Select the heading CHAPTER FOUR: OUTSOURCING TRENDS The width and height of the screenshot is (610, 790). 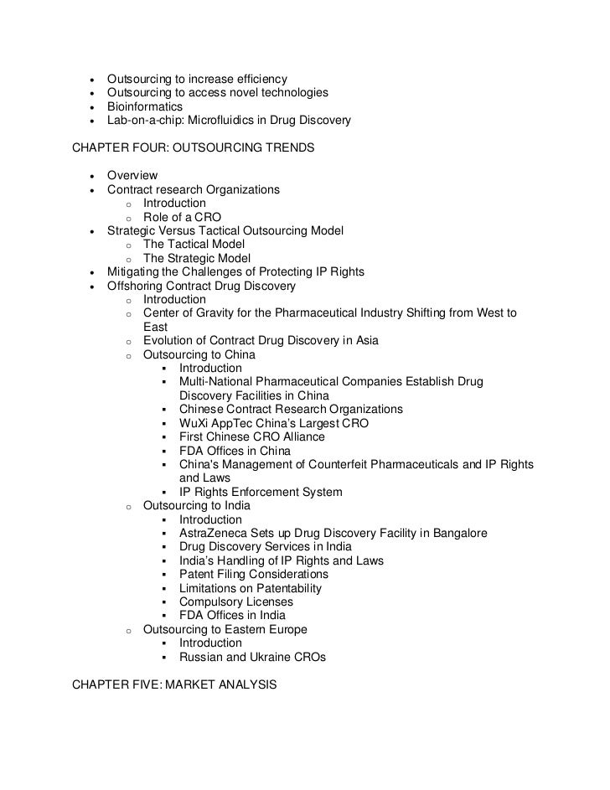pyautogui.click(x=194, y=148)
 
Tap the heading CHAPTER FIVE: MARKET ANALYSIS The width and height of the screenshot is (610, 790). pyautogui.click(x=174, y=684)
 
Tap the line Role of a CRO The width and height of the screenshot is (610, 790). pyautogui.click(x=182, y=217)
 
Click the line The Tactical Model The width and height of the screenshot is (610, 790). pyautogui.click(x=194, y=244)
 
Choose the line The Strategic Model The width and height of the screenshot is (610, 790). pyautogui.click(x=196, y=258)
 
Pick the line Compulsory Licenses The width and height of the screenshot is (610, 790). pyautogui.click(x=236, y=602)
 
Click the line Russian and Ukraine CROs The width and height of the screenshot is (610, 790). pyautogui.click(x=252, y=658)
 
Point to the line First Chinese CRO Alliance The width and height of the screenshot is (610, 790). pyautogui.click(x=252, y=437)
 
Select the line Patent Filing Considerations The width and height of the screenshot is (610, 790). pyautogui.click(x=254, y=575)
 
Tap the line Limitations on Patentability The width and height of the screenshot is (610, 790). pyautogui.click(x=251, y=588)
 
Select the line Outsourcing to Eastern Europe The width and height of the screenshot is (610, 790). pyautogui.click(x=225, y=629)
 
